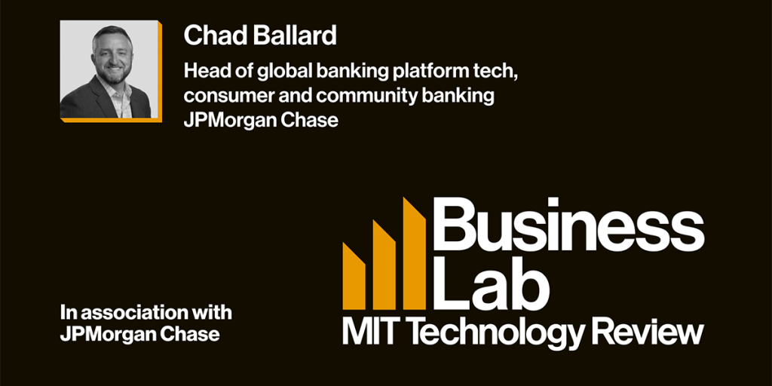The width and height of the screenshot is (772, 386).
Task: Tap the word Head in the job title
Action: pos(204,72)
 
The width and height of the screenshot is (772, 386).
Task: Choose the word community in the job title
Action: pos(335,96)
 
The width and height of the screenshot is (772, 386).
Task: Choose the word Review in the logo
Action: pos(648,331)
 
